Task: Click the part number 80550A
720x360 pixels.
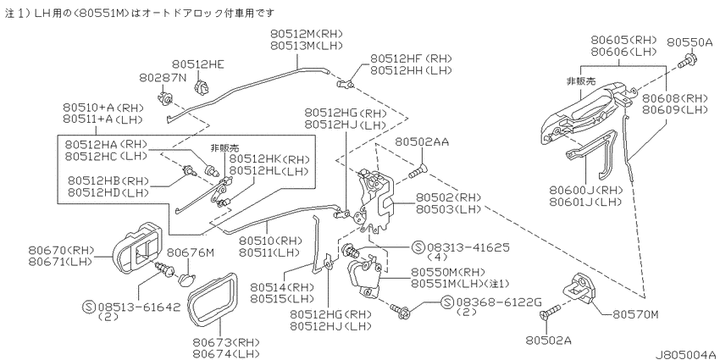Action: click(690, 42)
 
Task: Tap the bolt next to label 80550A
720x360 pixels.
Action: click(687, 59)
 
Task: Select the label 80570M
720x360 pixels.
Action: click(636, 315)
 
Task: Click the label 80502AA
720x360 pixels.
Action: click(422, 143)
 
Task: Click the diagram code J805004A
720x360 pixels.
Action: click(685, 355)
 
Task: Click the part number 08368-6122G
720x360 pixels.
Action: click(500, 302)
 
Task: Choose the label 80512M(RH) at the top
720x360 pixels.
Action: click(307, 34)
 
